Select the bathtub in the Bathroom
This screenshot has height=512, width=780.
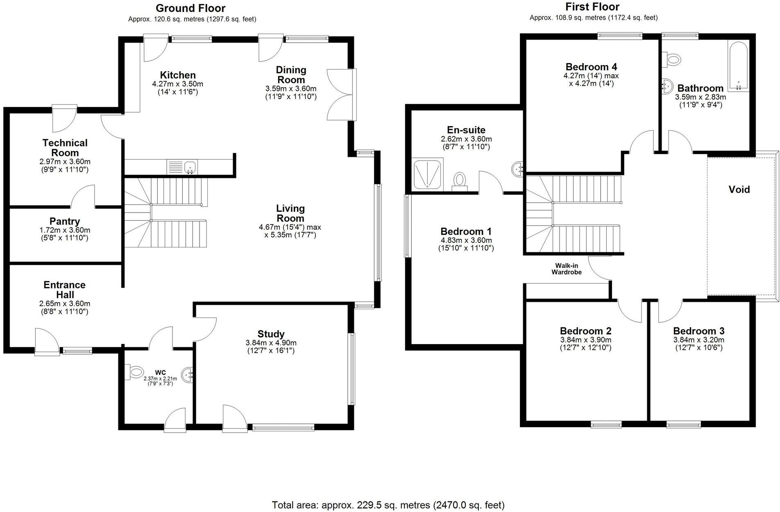coord(738,66)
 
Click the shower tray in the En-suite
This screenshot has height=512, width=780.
coord(428,175)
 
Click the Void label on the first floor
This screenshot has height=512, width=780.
coord(739,189)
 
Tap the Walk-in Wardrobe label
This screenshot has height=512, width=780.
coord(567,269)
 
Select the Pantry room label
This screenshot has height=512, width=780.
coord(65,222)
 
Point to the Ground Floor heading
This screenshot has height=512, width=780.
coord(190,8)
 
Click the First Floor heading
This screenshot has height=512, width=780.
coord(592,7)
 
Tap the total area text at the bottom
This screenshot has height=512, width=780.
coord(388,505)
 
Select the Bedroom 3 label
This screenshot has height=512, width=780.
coord(698,331)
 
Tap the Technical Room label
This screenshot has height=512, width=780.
coord(65,147)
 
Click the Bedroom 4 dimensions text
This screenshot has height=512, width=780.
coord(591,80)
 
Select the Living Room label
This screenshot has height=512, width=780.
coord(290,213)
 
